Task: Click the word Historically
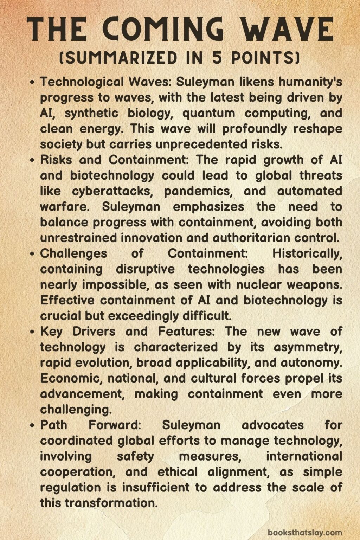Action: (x=307, y=253)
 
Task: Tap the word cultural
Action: (x=214, y=378)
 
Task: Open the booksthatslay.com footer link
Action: (x=305, y=532)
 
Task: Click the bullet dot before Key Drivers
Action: (x=32, y=332)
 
